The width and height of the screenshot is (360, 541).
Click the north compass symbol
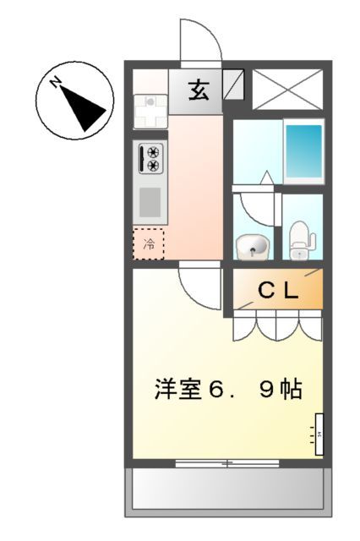[x=76, y=104]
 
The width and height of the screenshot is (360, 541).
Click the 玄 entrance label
[x=199, y=89]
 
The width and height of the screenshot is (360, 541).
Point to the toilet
[x=300, y=239]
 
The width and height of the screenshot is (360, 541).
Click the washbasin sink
[x=251, y=247]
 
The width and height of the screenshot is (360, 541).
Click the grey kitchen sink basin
[x=150, y=203]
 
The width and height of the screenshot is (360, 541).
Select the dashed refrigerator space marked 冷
[x=150, y=245]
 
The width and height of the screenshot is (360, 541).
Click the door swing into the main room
[x=199, y=287]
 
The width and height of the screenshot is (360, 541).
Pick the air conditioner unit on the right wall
[x=319, y=434]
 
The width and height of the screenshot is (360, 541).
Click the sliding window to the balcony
[x=226, y=463]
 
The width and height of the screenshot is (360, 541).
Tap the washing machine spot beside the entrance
[x=151, y=109]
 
